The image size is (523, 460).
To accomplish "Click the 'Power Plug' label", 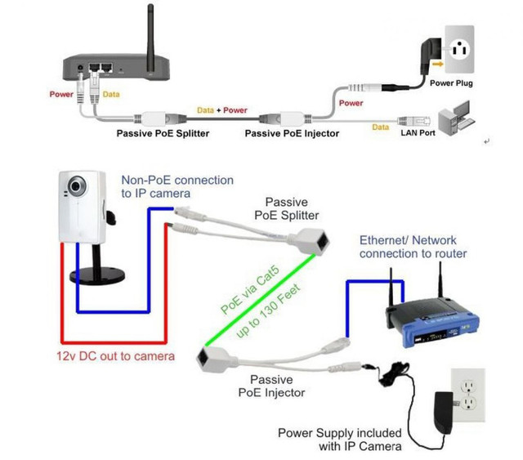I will click(456, 83).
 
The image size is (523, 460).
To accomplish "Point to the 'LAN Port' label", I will click(418, 132).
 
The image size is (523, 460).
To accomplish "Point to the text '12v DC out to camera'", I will click(115, 356).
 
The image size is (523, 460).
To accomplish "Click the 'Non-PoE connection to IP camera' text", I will click(177, 186).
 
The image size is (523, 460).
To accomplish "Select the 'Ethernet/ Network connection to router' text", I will click(413, 247).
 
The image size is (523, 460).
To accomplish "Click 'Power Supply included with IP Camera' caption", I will click(338, 440).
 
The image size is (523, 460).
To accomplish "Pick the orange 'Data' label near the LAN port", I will click(381, 127).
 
